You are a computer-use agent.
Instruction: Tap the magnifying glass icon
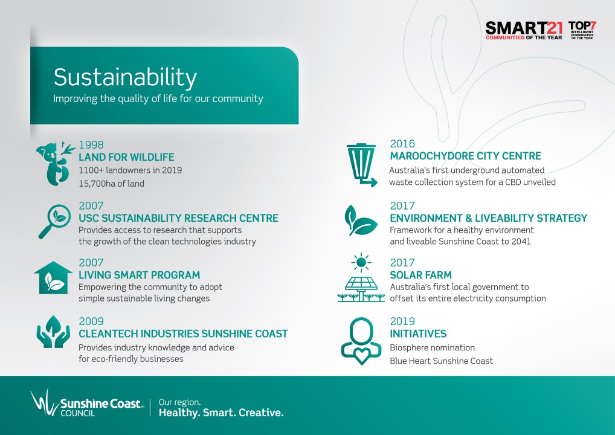click(55, 221)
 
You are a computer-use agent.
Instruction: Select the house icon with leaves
click(53, 278)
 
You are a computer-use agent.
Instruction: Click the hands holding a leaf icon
click(53, 332)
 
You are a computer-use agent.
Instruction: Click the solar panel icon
click(361, 278)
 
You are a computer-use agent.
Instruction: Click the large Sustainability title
click(125, 77)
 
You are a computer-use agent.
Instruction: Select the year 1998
click(91, 145)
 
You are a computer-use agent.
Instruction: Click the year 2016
click(402, 144)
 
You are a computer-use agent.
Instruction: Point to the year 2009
click(91, 321)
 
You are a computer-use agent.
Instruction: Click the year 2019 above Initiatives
click(402, 321)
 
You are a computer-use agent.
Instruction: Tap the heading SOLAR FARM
click(421, 275)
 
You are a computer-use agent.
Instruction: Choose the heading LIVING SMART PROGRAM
click(139, 275)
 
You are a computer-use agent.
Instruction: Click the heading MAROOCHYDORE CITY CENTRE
click(466, 156)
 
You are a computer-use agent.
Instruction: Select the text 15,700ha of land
click(111, 184)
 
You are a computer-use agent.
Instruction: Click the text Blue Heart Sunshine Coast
click(441, 361)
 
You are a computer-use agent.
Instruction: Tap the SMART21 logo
click(524, 31)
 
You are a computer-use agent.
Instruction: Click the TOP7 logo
click(582, 30)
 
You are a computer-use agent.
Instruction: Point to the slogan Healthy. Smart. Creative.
click(221, 413)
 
